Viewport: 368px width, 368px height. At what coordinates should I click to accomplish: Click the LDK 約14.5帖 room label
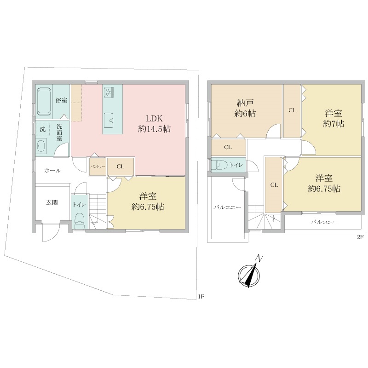tap(154, 124)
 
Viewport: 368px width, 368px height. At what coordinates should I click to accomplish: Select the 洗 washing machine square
tap(43, 129)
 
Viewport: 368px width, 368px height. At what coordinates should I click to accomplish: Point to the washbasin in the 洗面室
tap(41, 146)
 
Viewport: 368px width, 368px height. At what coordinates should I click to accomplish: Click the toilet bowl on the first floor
tap(80, 221)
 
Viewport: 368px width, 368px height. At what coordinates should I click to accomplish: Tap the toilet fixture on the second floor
tap(219, 165)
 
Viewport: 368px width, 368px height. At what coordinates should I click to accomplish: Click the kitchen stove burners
tap(109, 91)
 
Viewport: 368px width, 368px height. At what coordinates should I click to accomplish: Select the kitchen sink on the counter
tap(109, 120)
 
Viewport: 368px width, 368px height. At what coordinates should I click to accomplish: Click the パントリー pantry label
tap(98, 167)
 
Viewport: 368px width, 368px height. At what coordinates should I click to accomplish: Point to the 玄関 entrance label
tap(52, 202)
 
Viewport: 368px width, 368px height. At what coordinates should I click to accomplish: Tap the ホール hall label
tap(53, 171)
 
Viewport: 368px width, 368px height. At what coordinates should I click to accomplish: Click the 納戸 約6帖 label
tap(245, 108)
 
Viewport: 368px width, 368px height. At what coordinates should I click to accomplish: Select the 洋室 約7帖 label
tap(333, 119)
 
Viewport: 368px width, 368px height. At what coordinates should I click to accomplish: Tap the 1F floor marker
tap(201, 296)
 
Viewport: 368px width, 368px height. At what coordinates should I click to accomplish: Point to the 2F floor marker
tap(360, 237)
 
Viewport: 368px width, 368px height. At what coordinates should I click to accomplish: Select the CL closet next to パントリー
tap(121, 167)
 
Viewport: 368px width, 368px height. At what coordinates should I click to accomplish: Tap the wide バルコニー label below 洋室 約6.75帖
tap(325, 222)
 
